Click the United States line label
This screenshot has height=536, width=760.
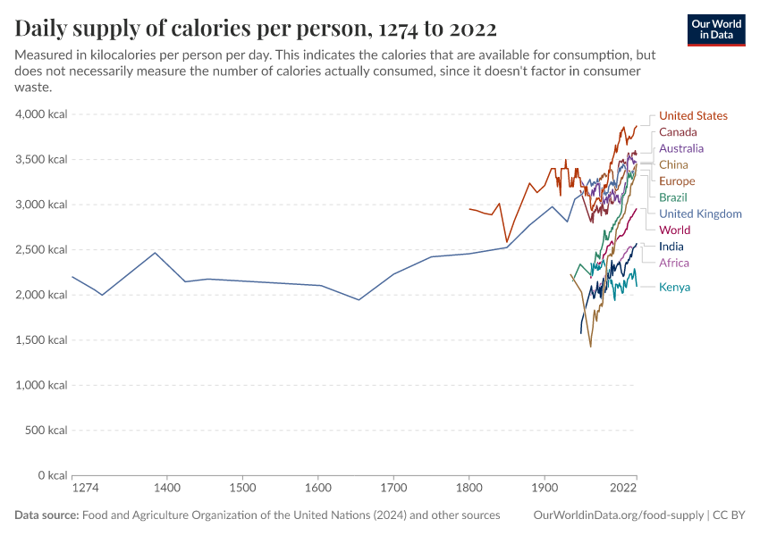coord(693,116)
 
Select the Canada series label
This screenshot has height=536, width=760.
coord(678,132)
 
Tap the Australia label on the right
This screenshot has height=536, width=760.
coord(681,148)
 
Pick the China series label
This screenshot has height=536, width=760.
coord(673,165)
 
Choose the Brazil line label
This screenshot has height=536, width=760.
coord(673,197)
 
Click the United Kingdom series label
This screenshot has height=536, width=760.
coord(700,214)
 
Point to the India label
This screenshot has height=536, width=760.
coord(671,247)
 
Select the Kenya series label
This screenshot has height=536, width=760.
coord(674,288)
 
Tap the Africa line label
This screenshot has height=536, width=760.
coord(674,264)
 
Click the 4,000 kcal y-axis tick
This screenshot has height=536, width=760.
coord(41,114)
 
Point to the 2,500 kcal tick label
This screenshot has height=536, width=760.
coord(41,250)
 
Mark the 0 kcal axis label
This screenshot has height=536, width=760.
coord(49,475)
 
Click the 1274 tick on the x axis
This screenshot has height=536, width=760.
coord(85,489)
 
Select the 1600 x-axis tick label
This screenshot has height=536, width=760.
coord(318,489)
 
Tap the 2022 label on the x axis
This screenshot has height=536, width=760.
coord(622,489)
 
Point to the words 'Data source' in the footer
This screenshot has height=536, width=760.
coord(46,515)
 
